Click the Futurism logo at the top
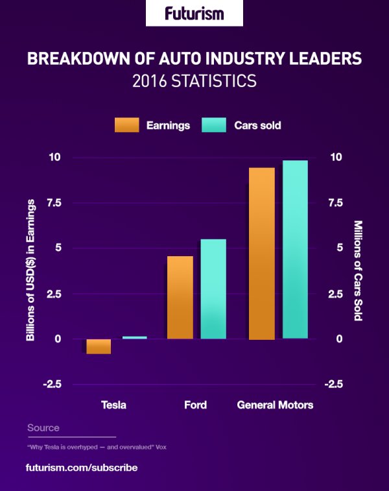pos(194,13)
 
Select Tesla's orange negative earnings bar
pos(99,346)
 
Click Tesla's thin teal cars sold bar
pos(134,337)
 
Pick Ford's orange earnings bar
pos(180,298)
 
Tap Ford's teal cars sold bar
pos(213,289)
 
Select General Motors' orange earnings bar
pos(262,254)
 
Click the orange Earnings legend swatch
pos(126,125)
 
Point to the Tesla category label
pos(113,405)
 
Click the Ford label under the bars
pos(195,405)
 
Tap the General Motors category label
pos(275,405)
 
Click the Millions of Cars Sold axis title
pos(358,270)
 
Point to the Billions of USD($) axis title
pos(30,270)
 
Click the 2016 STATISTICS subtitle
pos(194,82)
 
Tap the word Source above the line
pos(43,428)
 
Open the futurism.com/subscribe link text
pos(82,467)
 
